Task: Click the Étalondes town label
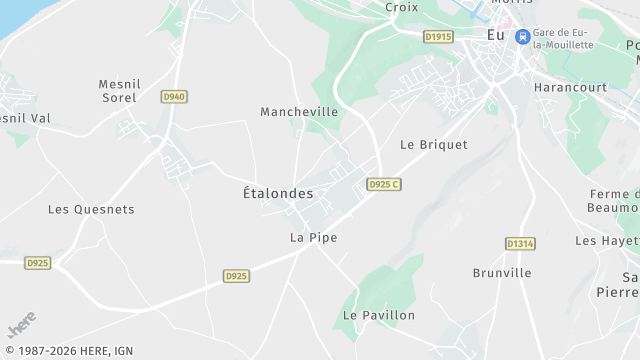point(278,193)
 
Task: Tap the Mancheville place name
point(299,112)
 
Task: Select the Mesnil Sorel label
point(123,90)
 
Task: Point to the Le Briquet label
point(433,144)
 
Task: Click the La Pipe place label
point(313,238)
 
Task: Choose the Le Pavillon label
point(378,315)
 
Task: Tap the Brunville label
point(501,272)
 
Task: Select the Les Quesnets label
point(91,210)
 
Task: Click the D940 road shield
point(174,96)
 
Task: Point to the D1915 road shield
point(438,37)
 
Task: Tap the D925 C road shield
point(383,185)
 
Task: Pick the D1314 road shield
point(520,243)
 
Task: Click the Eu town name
point(495,35)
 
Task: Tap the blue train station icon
point(522,36)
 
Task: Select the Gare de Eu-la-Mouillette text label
point(563,38)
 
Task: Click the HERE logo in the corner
point(21,325)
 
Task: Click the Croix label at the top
point(401,7)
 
